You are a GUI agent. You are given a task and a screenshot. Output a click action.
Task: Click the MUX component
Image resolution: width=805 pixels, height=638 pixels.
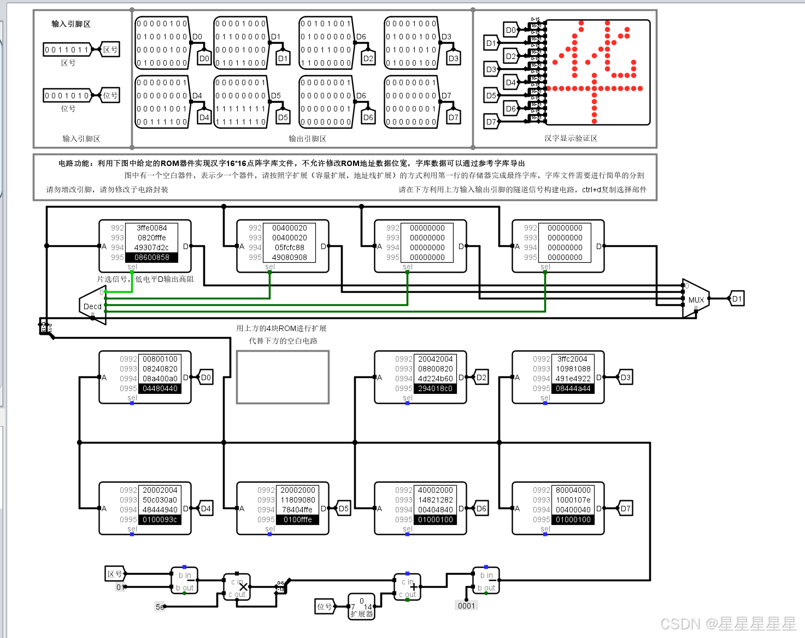(x=695, y=299)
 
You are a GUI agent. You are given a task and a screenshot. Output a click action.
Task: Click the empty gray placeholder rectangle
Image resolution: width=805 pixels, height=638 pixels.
(x=283, y=377)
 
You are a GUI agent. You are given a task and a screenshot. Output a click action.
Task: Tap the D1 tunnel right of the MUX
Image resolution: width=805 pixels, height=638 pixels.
(x=737, y=299)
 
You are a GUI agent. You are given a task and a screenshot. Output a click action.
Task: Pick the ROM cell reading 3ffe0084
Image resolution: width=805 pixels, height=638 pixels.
(x=152, y=228)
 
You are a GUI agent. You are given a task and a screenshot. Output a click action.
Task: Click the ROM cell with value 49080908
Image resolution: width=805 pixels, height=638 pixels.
(x=290, y=257)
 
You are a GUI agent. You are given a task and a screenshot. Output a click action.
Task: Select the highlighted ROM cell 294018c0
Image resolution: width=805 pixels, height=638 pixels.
(x=435, y=388)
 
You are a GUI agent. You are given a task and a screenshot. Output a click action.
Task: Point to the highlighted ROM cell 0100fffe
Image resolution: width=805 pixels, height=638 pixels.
(x=297, y=519)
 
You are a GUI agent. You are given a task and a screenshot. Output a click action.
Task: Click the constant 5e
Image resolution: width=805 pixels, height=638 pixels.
(x=160, y=606)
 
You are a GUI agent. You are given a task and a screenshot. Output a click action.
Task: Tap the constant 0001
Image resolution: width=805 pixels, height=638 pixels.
(x=466, y=605)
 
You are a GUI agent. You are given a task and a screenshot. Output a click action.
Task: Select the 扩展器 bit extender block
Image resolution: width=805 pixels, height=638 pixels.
(x=361, y=607)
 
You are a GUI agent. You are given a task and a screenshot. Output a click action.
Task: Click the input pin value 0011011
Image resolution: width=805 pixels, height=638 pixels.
(x=67, y=50)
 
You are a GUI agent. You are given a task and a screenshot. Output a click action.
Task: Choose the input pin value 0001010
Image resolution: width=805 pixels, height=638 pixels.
(x=67, y=96)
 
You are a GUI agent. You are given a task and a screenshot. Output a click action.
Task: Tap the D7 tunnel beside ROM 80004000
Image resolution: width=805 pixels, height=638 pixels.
(x=625, y=509)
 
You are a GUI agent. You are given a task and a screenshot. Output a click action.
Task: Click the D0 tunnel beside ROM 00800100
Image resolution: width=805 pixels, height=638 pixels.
(x=205, y=377)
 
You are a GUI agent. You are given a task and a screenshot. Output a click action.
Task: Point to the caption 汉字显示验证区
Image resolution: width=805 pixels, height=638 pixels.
(x=571, y=138)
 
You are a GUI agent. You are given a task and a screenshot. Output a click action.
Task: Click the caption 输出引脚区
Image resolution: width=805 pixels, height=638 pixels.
(x=307, y=139)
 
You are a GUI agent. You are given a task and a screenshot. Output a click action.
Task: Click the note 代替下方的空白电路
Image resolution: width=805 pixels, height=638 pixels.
(x=283, y=341)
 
